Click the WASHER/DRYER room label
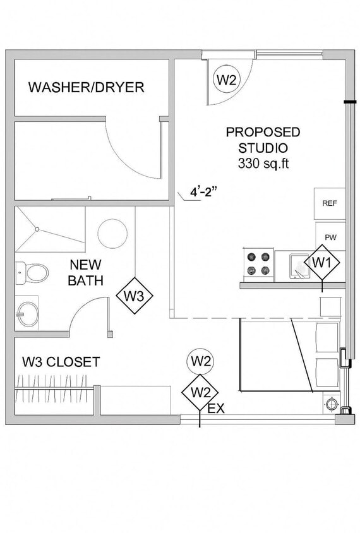(86, 87)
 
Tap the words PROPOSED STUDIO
(263, 140)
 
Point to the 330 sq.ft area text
(263, 164)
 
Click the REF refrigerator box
(330, 203)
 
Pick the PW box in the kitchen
(330, 237)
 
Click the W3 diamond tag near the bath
(135, 295)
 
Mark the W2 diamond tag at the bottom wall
(200, 392)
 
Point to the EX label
(216, 409)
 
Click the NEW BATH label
(86, 272)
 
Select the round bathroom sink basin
(28, 313)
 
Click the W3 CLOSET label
(61, 362)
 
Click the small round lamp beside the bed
(330, 402)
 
